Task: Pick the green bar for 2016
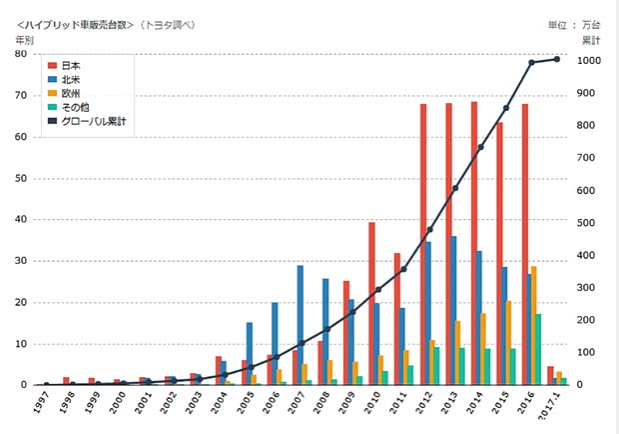click(x=539, y=349)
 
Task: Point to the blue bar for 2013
click(x=454, y=310)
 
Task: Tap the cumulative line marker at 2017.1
click(x=557, y=59)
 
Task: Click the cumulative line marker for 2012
click(x=430, y=229)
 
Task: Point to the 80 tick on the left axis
click(x=20, y=54)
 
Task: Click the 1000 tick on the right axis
click(x=590, y=60)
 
